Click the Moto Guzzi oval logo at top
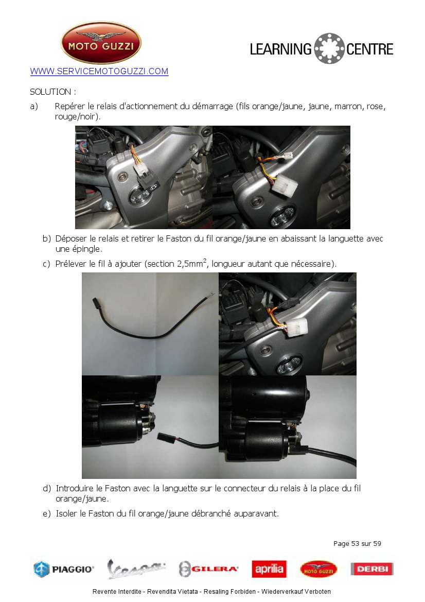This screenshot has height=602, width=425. pyautogui.click(x=101, y=42)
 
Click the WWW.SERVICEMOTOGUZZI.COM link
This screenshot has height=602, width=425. pyautogui.click(x=99, y=72)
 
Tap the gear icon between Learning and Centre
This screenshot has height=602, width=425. pyautogui.click(x=329, y=48)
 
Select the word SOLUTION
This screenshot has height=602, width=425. pyautogui.click(x=50, y=92)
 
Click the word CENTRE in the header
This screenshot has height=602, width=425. pyautogui.click(x=370, y=49)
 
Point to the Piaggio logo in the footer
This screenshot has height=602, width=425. pyautogui.click(x=63, y=569)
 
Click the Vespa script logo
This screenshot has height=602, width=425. pyautogui.click(x=136, y=569)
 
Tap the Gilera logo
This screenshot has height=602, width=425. pyautogui.click(x=209, y=569)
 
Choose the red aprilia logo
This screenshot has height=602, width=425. pyautogui.click(x=269, y=569)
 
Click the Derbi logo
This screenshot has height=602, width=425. pyautogui.click(x=372, y=569)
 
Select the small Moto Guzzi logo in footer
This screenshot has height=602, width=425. pyautogui.click(x=319, y=569)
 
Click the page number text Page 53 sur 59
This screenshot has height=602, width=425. pyautogui.click(x=357, y=544)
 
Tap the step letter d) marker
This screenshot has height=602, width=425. pyautogui.click(x=47, y=488)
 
